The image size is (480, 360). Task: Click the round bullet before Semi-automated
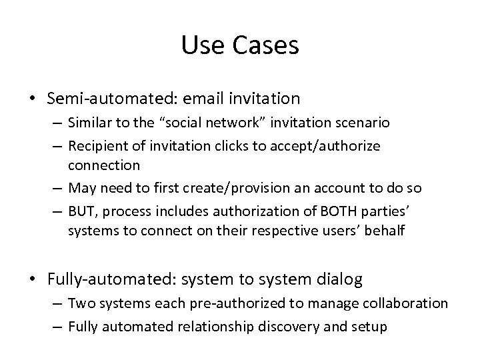tap(31, 99)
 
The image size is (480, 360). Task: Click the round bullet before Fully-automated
tap(31, 279)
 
